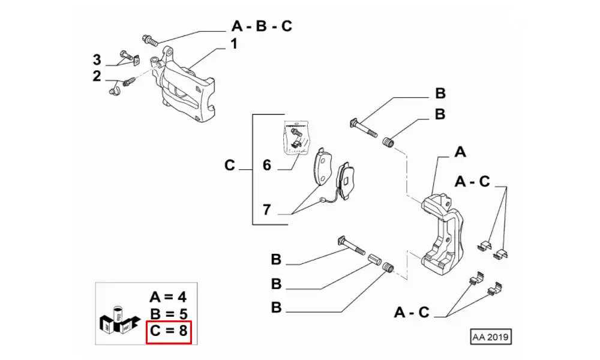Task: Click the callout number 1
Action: pyautogui.click(x=234, y=44)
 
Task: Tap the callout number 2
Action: pyautogui.click(x=97, y=76)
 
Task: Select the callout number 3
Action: pyautogui.click(x=97, y=59)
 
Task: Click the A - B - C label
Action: pyautogui.click(x=262, y=27)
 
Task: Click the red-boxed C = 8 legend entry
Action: pyautogui.click(x=169, y=331)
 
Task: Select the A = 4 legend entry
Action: pyautogui.click(x=169, y=297)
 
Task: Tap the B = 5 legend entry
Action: pyautogui.click(x=169, y=314)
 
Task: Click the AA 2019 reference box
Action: pyautogui.click(x=491, y=337)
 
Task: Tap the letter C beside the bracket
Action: pyautogui.click(x=230, y=165)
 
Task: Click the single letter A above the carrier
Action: pyautogui.click(x=460, y=152)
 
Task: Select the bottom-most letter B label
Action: pyautogui.click(x=276, y=308)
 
